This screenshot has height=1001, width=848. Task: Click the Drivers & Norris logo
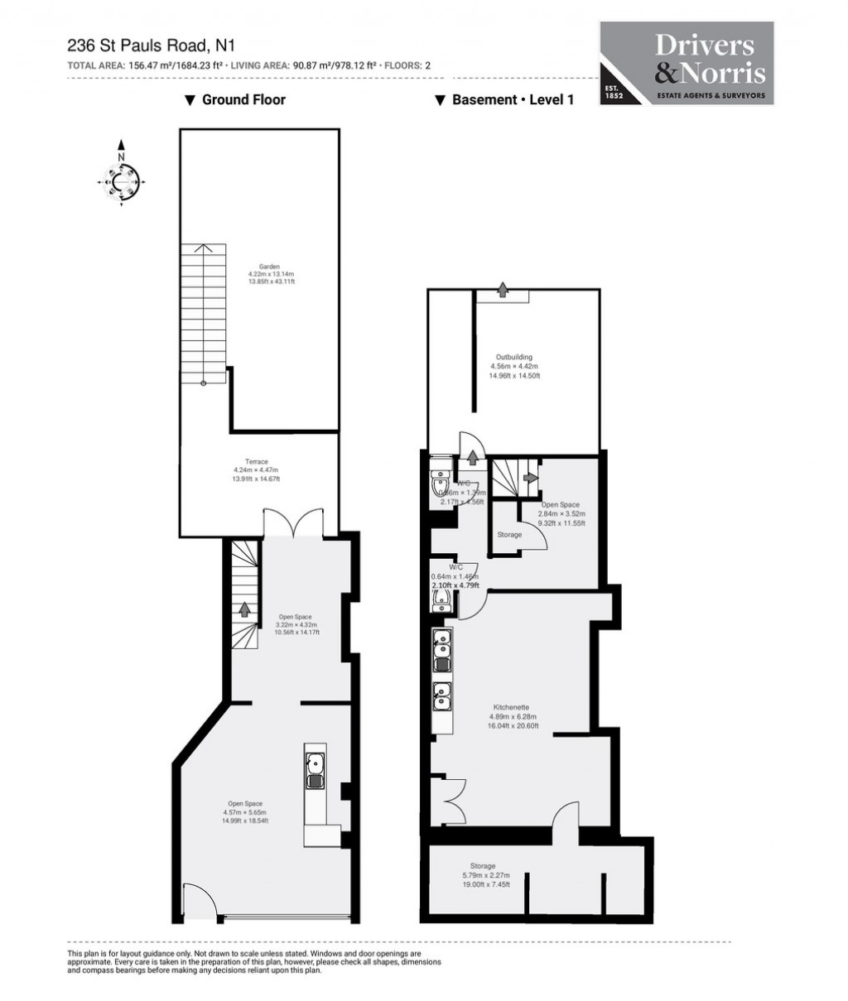click(687, 65)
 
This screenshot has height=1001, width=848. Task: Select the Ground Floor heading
click(235, 100)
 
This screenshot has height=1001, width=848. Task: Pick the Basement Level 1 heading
click(504, 100)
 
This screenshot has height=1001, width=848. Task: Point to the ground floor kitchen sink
click(315, 770)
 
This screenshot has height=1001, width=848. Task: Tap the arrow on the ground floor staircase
click(244, 609)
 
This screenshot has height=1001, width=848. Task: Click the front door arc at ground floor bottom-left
click(196, 901)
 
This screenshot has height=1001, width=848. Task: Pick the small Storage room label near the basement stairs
click(509, 535)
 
